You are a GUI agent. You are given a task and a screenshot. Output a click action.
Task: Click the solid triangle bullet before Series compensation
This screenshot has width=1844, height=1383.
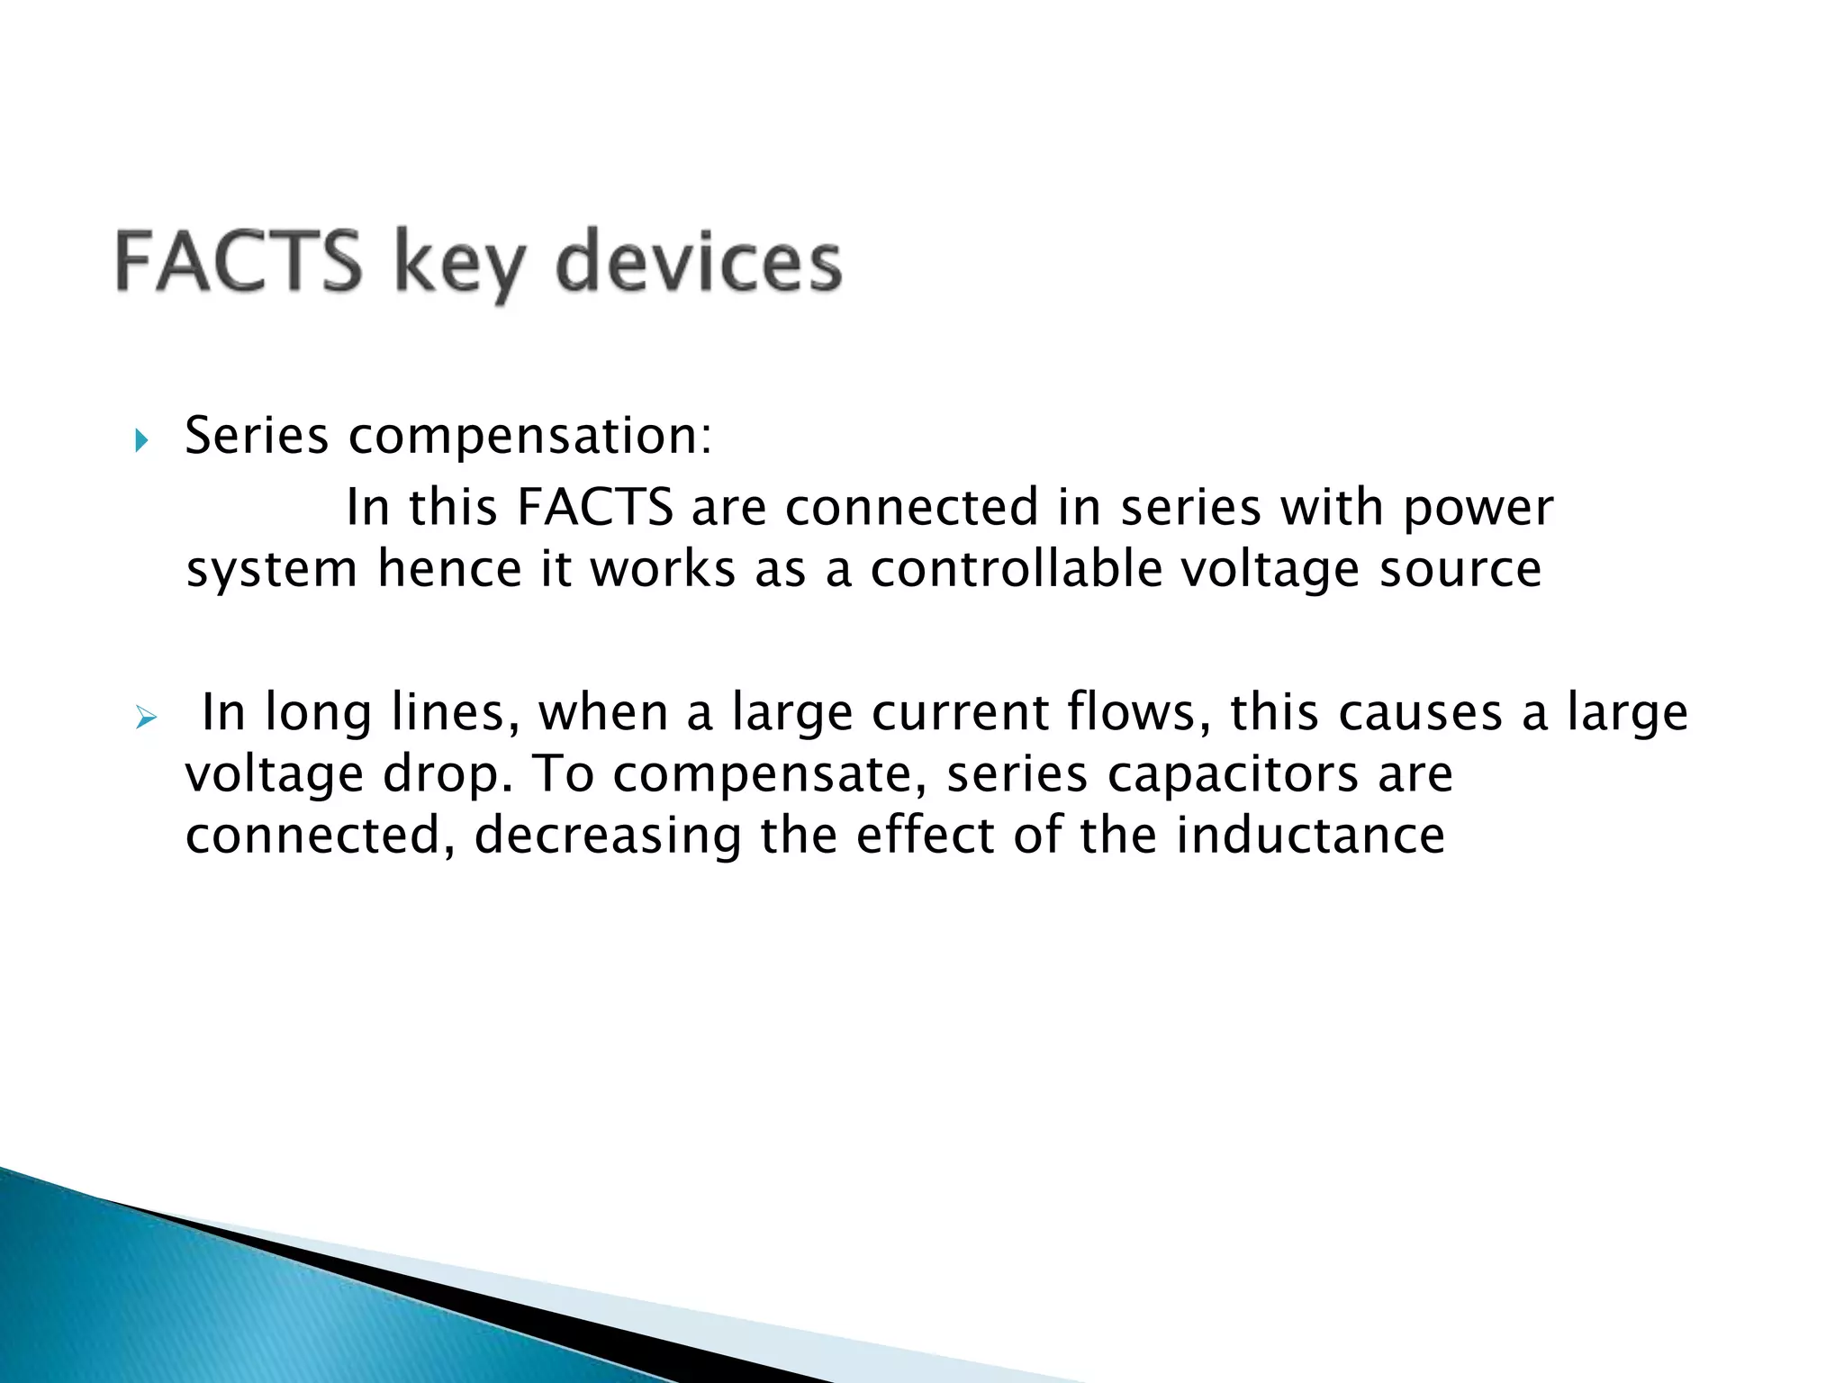click(x=140, y=441)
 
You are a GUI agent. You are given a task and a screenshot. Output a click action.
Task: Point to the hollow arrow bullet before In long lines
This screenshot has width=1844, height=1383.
click(x=144, y=718)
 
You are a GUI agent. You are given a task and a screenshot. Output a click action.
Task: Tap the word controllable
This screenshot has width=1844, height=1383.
click(x=1016, y=569)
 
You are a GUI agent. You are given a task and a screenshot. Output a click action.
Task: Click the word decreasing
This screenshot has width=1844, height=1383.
click(x=607, y=837)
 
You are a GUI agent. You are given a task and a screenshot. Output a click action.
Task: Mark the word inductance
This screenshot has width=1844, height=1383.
click(x=1310, y=836)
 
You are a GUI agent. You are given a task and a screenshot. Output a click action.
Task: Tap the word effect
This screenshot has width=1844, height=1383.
click(x=925, y=836)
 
